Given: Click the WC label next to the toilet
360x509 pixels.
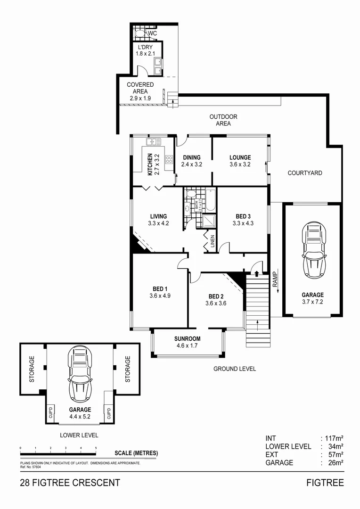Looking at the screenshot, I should point(152,34).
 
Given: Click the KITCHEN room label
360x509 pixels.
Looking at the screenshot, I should point(150,164).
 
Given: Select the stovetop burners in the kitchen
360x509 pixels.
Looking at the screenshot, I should point(169,159).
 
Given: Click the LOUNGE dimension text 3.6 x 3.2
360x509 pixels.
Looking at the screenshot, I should point(240,165).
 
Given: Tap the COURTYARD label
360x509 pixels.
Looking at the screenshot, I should point(305,173).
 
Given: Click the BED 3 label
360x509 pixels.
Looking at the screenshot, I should point(243,216).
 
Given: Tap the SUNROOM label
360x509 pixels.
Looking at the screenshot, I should point(187,338).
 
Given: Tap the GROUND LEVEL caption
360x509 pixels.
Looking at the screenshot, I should point(234,369).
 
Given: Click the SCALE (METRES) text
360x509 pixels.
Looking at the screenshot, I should point(136,453).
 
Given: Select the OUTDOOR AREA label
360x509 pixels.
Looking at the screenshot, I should point(223,120).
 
